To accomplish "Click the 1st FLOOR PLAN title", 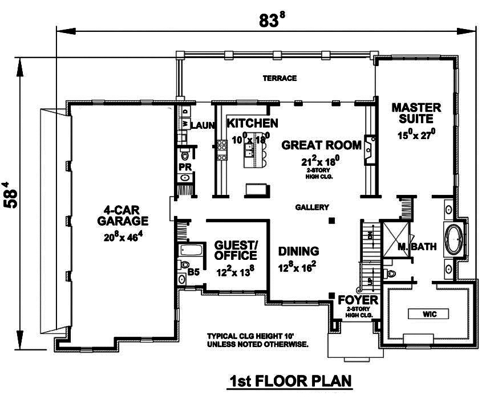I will coord(290,380).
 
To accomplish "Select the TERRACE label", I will coord(279,78).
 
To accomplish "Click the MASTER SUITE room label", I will coord(416,113).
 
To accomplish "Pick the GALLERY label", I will coord(312,207).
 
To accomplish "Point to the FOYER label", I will coord(358,300).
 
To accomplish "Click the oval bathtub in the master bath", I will coord(454,238).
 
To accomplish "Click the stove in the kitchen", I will coord(220,146).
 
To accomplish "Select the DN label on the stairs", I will coord(369,234).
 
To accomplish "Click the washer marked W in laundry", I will coord(185,124).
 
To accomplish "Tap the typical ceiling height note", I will coord(258,340).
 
